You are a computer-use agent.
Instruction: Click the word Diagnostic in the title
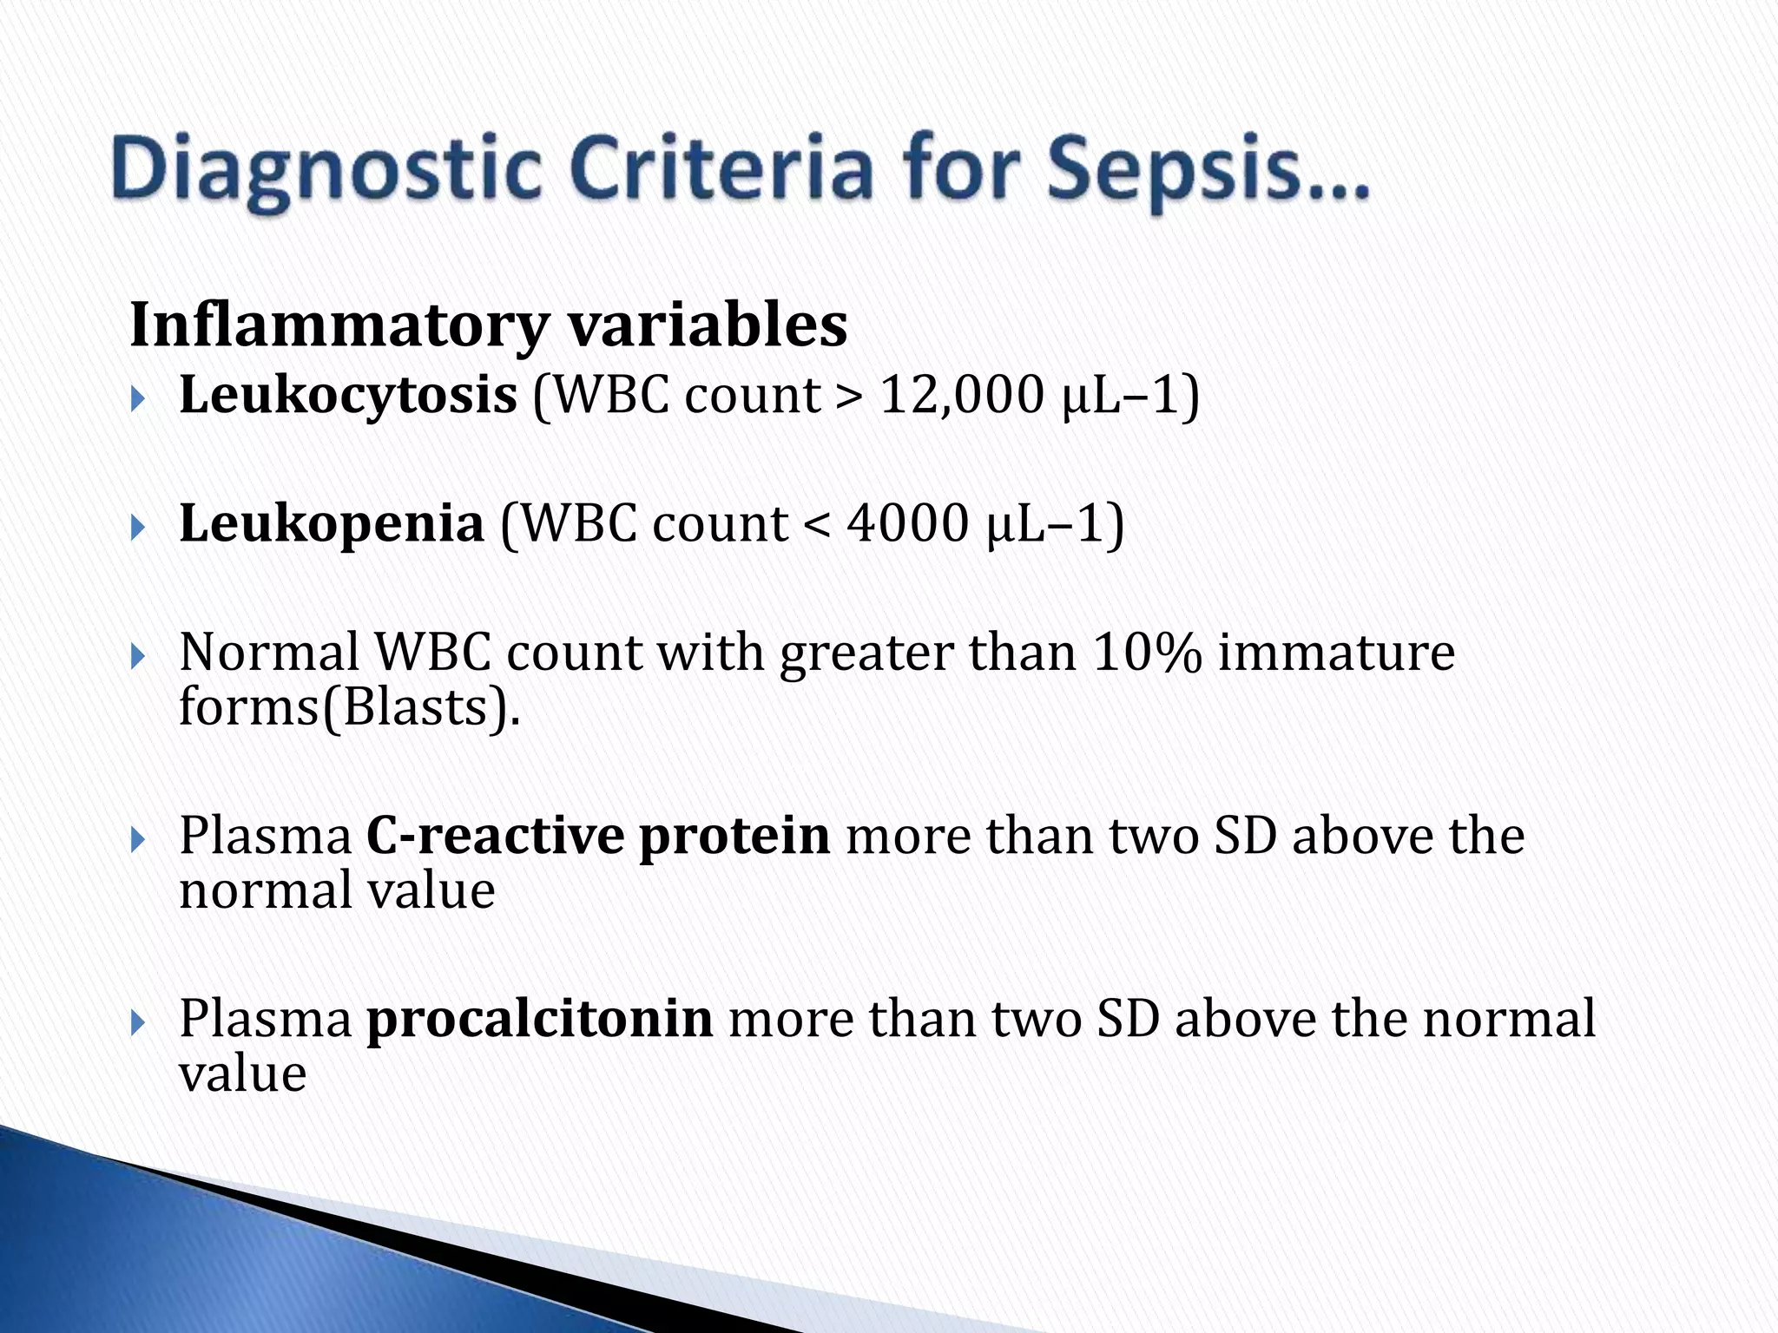326,172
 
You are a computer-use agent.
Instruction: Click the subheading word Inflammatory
339,326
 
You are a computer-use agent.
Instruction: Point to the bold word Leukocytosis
348,396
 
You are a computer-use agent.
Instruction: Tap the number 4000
906,524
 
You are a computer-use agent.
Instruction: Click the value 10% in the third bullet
1147,653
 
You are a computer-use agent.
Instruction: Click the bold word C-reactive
495,837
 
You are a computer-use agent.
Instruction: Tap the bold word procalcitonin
539,1020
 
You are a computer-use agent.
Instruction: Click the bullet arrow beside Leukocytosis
139,399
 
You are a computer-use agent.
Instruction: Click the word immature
1336,653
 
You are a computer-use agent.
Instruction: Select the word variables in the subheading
707,326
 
